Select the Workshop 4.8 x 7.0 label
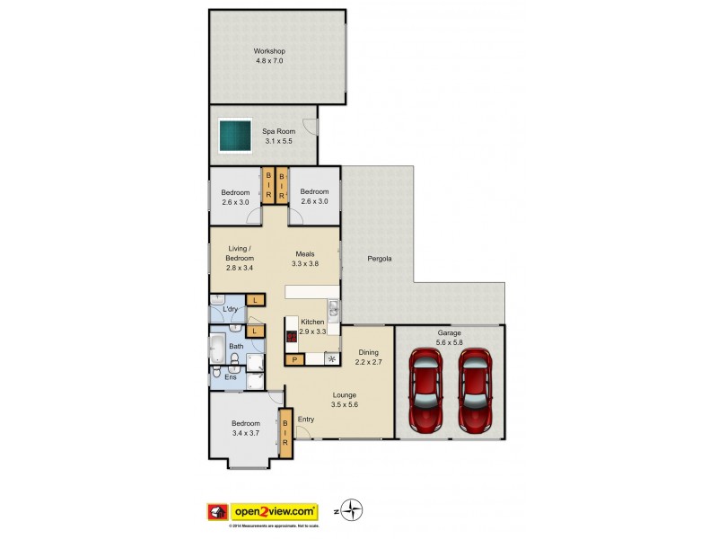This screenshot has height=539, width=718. [x=269, y=57]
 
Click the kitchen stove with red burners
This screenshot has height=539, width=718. [x=292, y=338]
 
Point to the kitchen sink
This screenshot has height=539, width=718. [x=333, y=310]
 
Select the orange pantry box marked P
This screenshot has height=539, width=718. [x=293, y=360]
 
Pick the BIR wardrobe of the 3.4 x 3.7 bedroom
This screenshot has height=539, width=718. [x=285, y=431]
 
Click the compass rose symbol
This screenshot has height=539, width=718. [x=353, y=510]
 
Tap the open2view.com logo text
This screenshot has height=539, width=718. [x=275, y=510]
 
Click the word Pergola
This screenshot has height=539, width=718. [x=380, y=259]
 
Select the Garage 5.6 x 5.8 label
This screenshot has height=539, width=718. [x=449, y=337]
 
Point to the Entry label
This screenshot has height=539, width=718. [x=306, y=419]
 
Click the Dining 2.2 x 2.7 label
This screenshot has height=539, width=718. [x=369, y=358]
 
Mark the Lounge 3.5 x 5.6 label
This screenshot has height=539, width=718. [x=344, y=400]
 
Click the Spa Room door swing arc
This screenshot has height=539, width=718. [x=309, y=128]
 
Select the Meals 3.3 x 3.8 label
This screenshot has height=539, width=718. [x=305, y=259]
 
